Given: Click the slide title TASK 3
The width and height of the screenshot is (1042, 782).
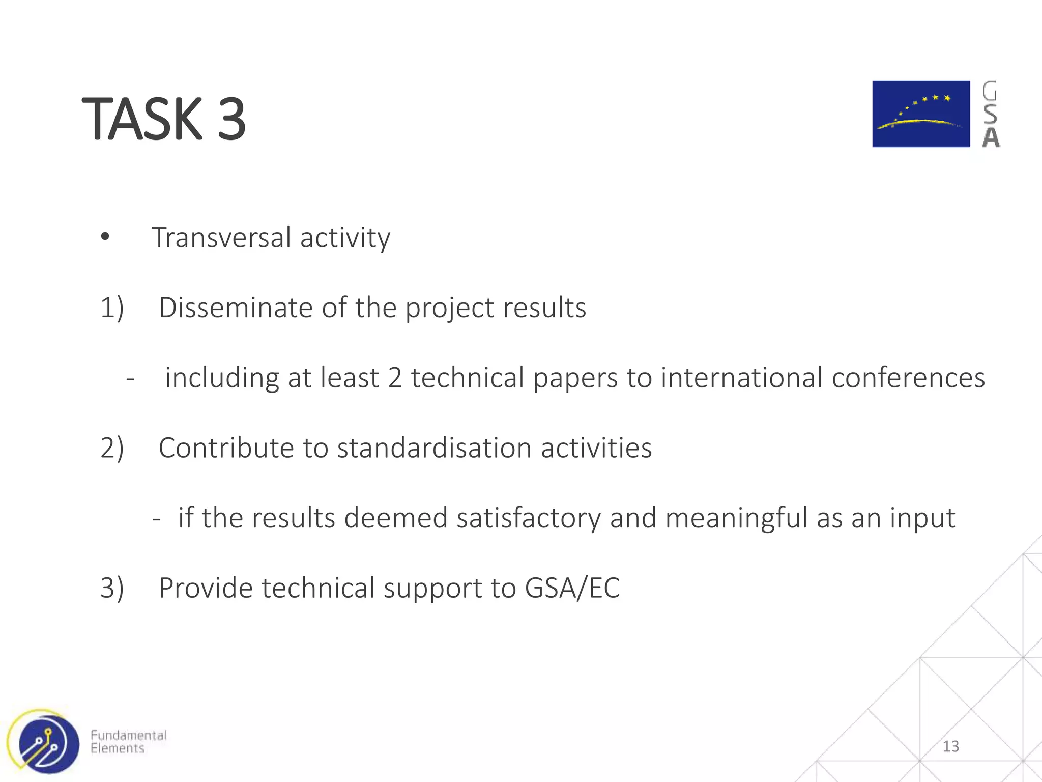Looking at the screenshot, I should click(x=164, y=119).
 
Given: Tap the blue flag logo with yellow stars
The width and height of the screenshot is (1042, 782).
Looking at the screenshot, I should click(x=921, y=114).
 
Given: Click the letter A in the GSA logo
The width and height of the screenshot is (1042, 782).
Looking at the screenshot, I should click(x=991, y=137).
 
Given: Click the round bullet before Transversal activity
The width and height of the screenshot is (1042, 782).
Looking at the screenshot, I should click(x=105, y=236).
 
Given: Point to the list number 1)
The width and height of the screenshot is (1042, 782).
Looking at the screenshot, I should click(x=112, y=308).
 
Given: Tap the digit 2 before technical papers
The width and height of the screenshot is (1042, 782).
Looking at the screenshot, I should click(x=395, y=378).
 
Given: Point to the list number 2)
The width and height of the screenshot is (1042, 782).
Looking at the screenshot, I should click(x=112, y=448).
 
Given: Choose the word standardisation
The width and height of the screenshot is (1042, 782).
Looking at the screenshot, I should click(x=434, y=448).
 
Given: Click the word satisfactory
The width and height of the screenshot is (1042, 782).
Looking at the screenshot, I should click(x=529, y=518).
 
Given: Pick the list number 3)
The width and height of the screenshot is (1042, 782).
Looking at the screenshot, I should click(x=112, y=588).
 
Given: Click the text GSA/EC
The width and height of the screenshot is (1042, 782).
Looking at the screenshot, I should click(x=572, y=588).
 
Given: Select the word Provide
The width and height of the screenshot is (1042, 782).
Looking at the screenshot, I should click(x=206, y=588).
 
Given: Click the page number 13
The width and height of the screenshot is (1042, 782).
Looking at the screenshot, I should click(x=950, y=746).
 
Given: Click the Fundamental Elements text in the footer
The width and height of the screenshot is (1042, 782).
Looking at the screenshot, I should click(x=128, y=742).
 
